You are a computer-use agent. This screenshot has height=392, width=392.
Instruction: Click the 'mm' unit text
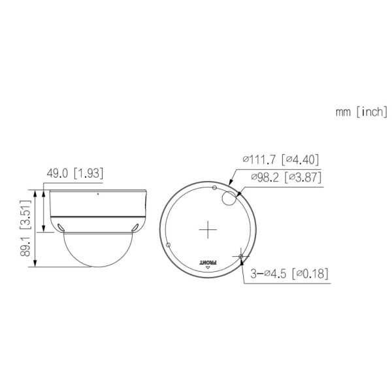click(x=344, y=113)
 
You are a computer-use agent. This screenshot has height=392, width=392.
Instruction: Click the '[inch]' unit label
click(x=372, y=113)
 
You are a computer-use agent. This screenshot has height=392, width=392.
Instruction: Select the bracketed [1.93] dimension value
click(x=88, y=173)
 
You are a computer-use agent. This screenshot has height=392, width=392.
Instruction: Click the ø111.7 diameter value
click(x=259, y=159)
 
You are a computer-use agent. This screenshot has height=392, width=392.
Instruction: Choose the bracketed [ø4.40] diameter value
click(x=299, y=159)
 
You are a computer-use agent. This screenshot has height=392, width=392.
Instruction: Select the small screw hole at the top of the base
click(x=215, y=187)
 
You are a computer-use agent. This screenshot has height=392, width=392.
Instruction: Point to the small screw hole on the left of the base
click(x=169, y=244)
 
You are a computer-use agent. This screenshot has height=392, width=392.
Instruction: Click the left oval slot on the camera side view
click(x=61, y=226)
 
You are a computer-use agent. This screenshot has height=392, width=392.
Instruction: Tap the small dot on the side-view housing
click(x=98, y=194)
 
